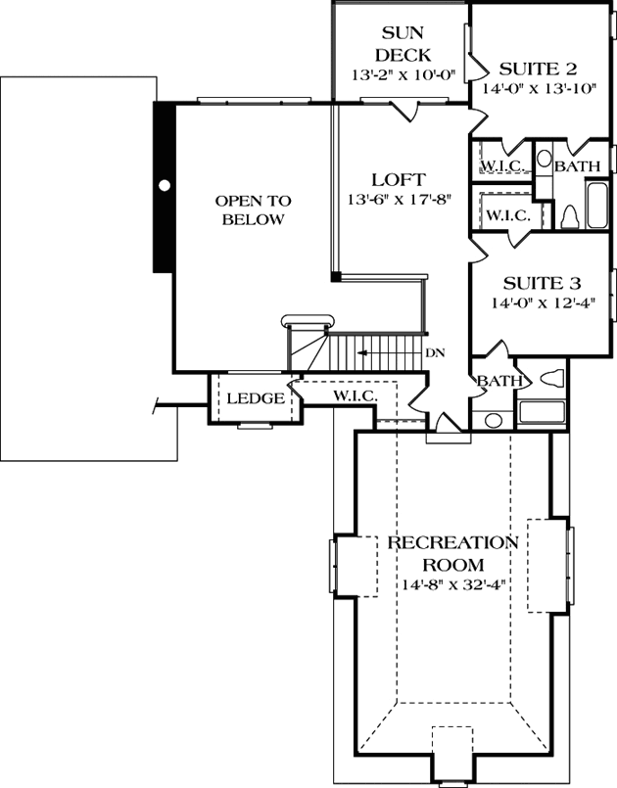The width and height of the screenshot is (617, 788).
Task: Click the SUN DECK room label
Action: (x=400, y=44)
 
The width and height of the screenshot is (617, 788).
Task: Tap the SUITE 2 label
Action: (x=538, y=69)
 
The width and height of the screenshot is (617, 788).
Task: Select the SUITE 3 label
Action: (x=535, y=284)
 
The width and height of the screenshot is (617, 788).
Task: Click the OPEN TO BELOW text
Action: (x=253, y=209)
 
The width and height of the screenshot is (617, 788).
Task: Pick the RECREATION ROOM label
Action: (x=451, y=553)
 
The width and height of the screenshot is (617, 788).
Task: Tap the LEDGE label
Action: (x=256, y=399)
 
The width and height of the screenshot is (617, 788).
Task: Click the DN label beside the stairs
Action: (x=435, y=353)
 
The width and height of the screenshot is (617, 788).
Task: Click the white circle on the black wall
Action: (x=165, y=184)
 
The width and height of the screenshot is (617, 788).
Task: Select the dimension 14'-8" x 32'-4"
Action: (x=452, y=586)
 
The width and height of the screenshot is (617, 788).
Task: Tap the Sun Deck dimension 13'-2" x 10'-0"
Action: (x=400, y=74)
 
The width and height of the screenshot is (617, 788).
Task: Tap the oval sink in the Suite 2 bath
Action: (x=545, y=160)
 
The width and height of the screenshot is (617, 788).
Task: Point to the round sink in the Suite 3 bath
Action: (x=493, y=420)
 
